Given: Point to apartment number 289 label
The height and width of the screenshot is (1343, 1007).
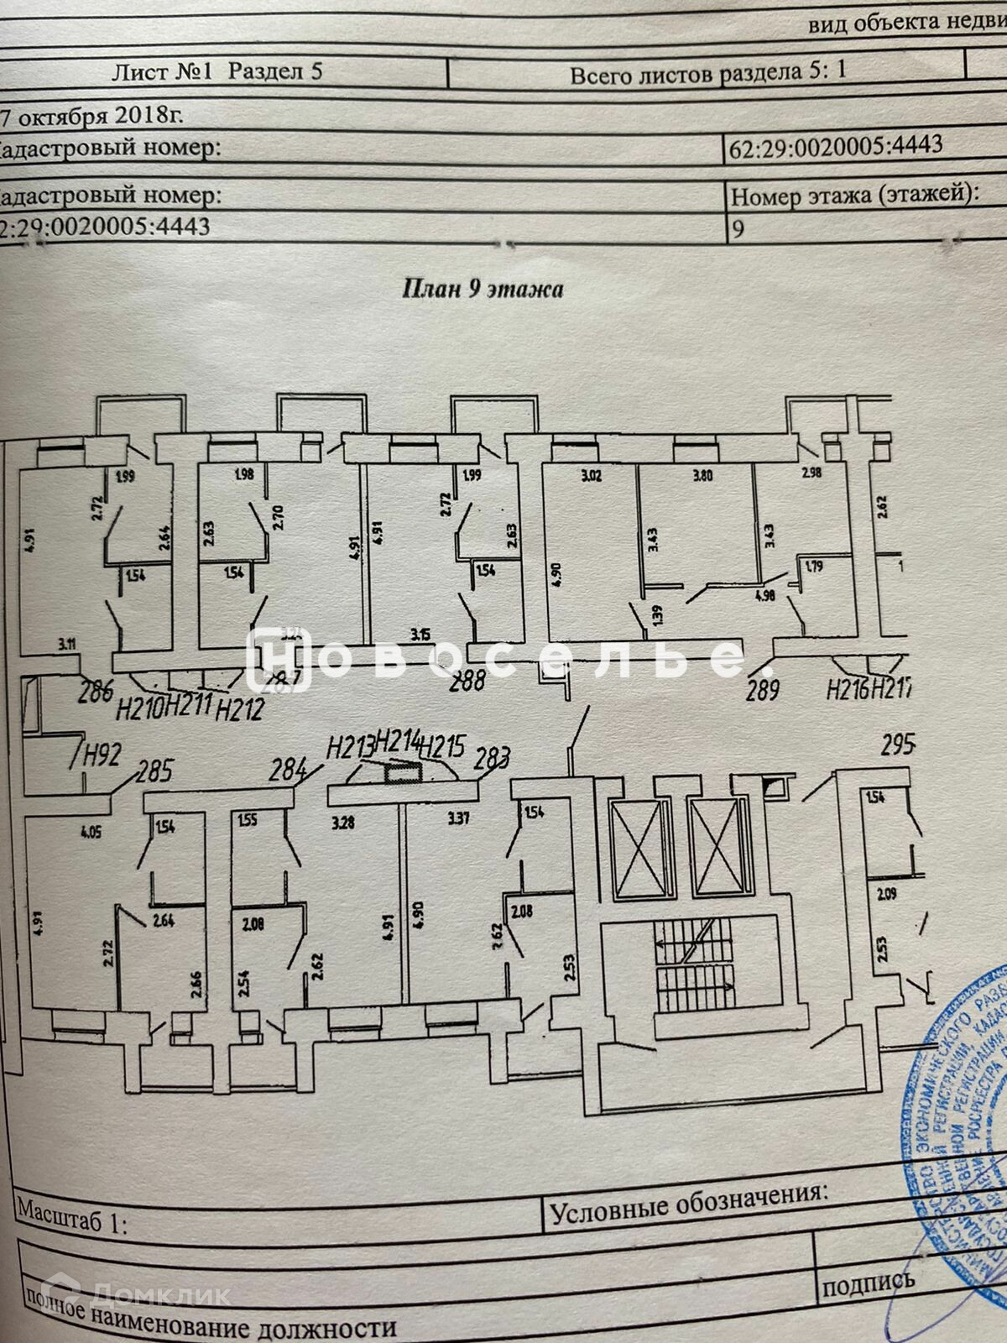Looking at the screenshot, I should click(x=763, y=691).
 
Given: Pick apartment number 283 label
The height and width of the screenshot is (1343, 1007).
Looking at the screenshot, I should click(x=492, y=760).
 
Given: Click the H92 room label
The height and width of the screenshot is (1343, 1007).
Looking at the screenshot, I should click(x=100, y=755).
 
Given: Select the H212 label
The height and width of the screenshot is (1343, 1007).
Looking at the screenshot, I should click(x=239, y=710).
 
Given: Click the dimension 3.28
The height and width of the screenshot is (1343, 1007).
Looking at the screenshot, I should click(x=343, y=823).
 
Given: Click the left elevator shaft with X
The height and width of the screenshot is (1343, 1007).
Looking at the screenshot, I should click(x=641, y=850).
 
